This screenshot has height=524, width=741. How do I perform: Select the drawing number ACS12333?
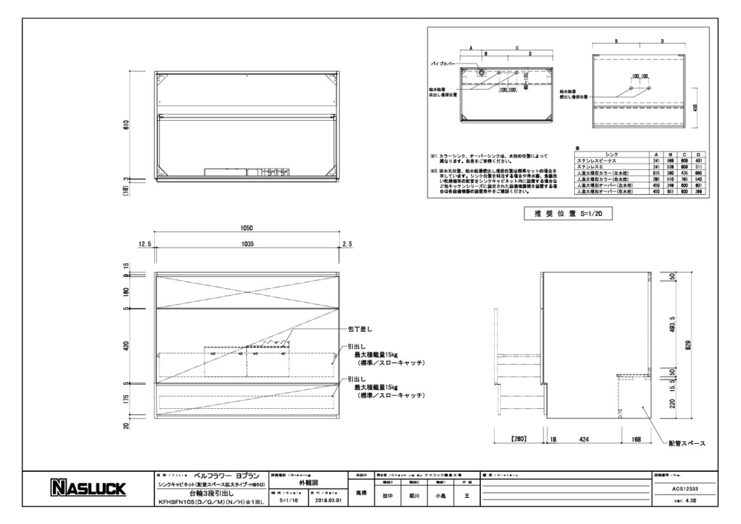pyautogui.click(x=684, y=488)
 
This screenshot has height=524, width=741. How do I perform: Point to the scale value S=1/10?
pyautogui.click(x=290, y=501)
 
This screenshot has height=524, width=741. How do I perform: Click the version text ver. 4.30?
pyautogui.click(x=684, y=501)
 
